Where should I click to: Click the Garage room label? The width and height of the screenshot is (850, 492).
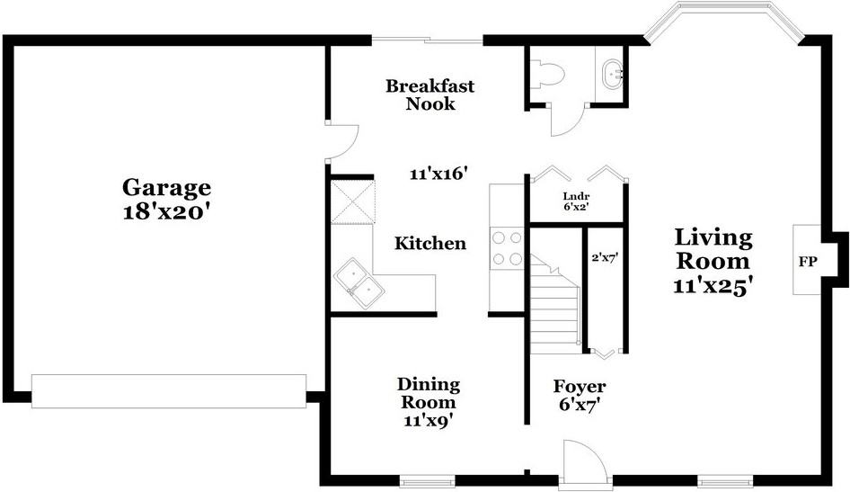(166, 188)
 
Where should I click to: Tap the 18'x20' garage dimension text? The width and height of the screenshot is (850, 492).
(166, 211)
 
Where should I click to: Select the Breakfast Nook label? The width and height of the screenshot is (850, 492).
(429, 94)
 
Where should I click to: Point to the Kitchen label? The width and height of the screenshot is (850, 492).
(429, 243)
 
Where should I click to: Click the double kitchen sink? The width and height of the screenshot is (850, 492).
(359, 283)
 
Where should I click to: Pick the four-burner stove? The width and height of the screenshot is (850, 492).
(507, 248)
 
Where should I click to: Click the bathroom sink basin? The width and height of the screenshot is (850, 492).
(612, 73)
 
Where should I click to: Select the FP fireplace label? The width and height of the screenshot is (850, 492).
(808, 262)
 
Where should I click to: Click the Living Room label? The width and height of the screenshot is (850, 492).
(713, 249)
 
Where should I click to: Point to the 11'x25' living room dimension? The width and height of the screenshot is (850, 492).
(713, 286)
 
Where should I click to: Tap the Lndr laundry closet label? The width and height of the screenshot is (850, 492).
(576, 196)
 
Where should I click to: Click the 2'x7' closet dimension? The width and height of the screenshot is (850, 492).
(605, 258)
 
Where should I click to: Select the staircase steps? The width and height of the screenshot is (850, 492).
(554, 305)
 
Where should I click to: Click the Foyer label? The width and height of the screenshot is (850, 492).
(580, 387)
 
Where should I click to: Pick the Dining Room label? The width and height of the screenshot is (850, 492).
(429, 393)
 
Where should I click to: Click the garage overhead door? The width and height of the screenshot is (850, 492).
(169, 391)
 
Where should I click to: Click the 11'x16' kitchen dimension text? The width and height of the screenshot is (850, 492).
(438, 174)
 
